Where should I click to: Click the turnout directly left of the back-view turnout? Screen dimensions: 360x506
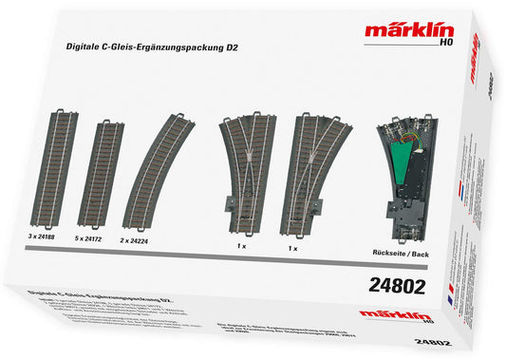click(322, 161)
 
